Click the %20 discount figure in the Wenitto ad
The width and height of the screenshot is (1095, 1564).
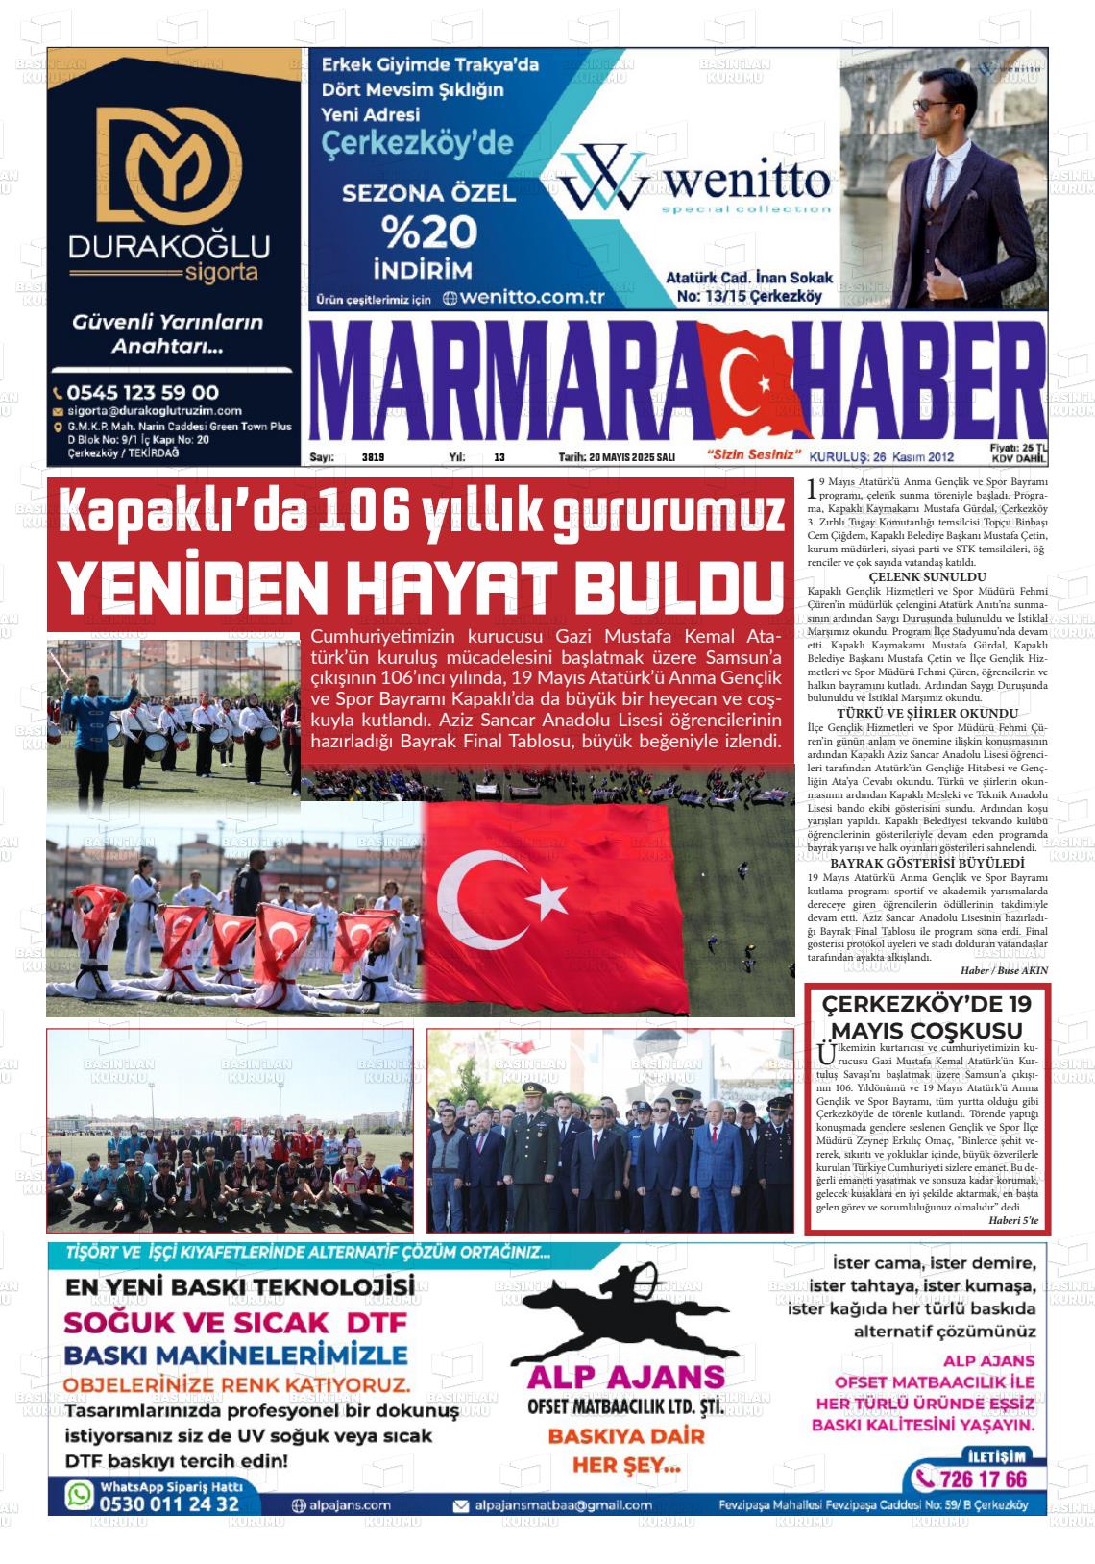pyautogui.click(x=428, y=232)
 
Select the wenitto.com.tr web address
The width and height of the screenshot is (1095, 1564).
pyautogui.click(x=532, y=297)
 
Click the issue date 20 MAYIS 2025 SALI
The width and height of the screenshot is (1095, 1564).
pyautogui.click(x=617, y=457)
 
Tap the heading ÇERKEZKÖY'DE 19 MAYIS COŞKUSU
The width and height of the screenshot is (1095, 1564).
pyautogui.click(x=926, y=1017)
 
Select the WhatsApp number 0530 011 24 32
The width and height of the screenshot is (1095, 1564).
pyautogui.click(x=167, y=1503)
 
